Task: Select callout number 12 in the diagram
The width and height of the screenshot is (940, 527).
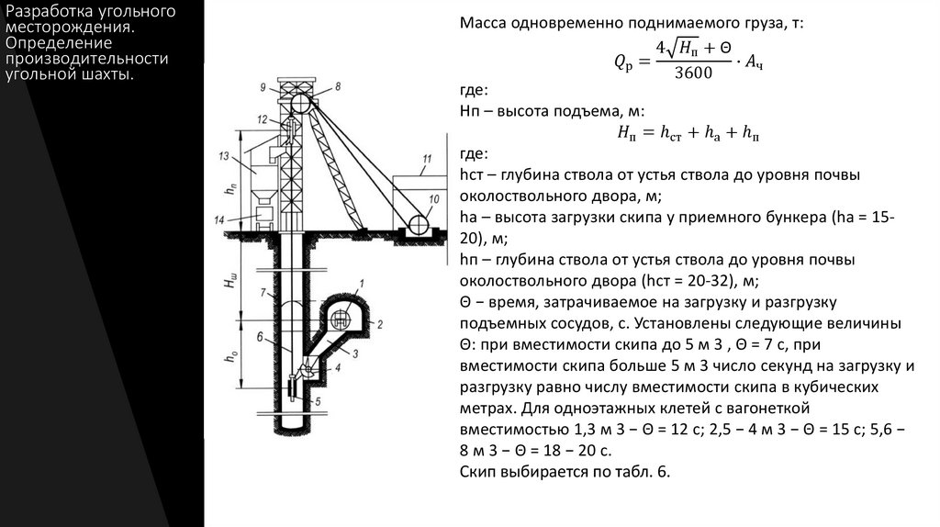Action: click(x=263, y=120)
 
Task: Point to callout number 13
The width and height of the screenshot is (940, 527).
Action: click(x=222, y=157)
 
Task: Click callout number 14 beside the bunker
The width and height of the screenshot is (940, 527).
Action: click(x=218, y=219)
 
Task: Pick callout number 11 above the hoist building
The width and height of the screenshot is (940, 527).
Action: click(x=426, y=160)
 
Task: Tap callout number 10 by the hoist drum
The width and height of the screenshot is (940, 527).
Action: click(x=434, y=198)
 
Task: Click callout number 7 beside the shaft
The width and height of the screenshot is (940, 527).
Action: click(x=263, y=293)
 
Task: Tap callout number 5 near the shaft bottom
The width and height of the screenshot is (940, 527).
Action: click(x=319, y=401)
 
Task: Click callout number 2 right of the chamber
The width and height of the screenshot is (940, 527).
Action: click(x=379, y=323)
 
